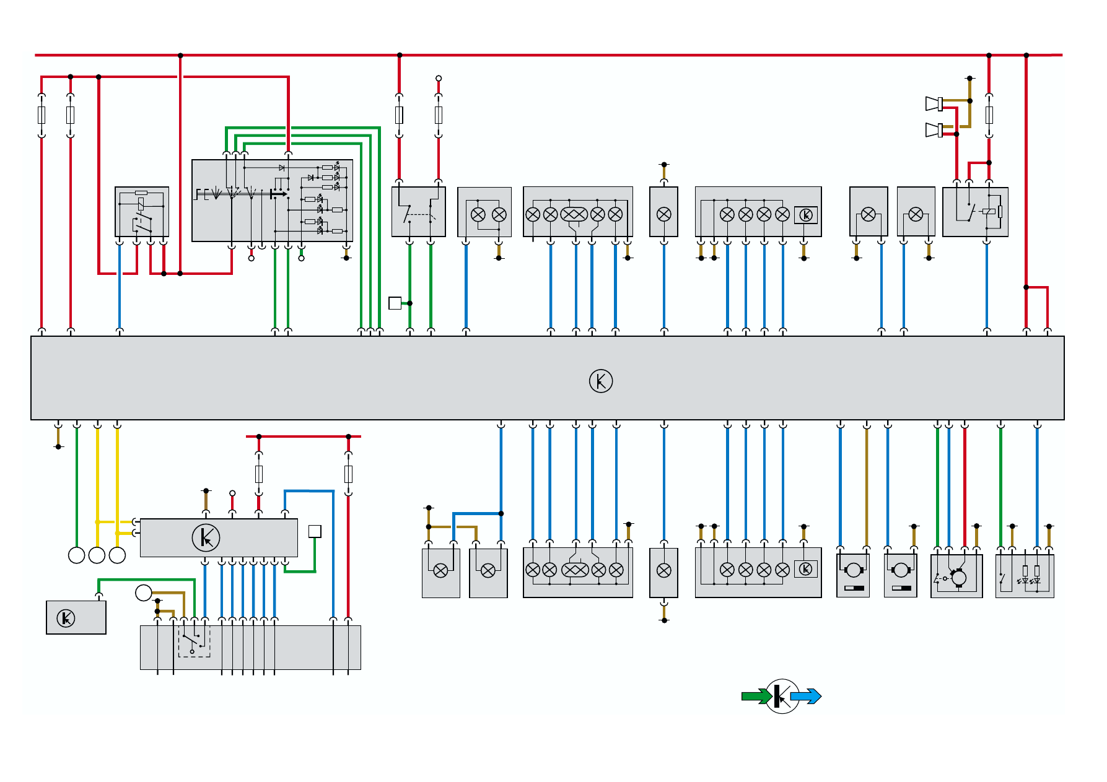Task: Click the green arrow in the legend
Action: (756, 697)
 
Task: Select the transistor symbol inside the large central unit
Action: (600, 381)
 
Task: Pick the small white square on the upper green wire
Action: (395, 303)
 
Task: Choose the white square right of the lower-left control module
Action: (315, 531)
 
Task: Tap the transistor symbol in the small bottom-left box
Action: (66, 618)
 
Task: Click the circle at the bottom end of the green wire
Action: (76, 555)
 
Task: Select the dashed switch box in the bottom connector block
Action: (194, 641)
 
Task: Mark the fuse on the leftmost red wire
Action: (42, 115)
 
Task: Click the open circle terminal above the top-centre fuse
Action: (439, 79)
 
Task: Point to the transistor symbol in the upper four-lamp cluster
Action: (806, 215)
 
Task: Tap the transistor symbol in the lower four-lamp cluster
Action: (806, 569)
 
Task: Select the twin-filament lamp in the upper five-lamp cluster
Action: (574, 214)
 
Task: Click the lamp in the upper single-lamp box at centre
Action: (663, 214)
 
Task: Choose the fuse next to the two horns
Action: (989, 115)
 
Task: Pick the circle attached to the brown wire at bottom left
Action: (143, 593)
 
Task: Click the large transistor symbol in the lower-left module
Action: (206, 537)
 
